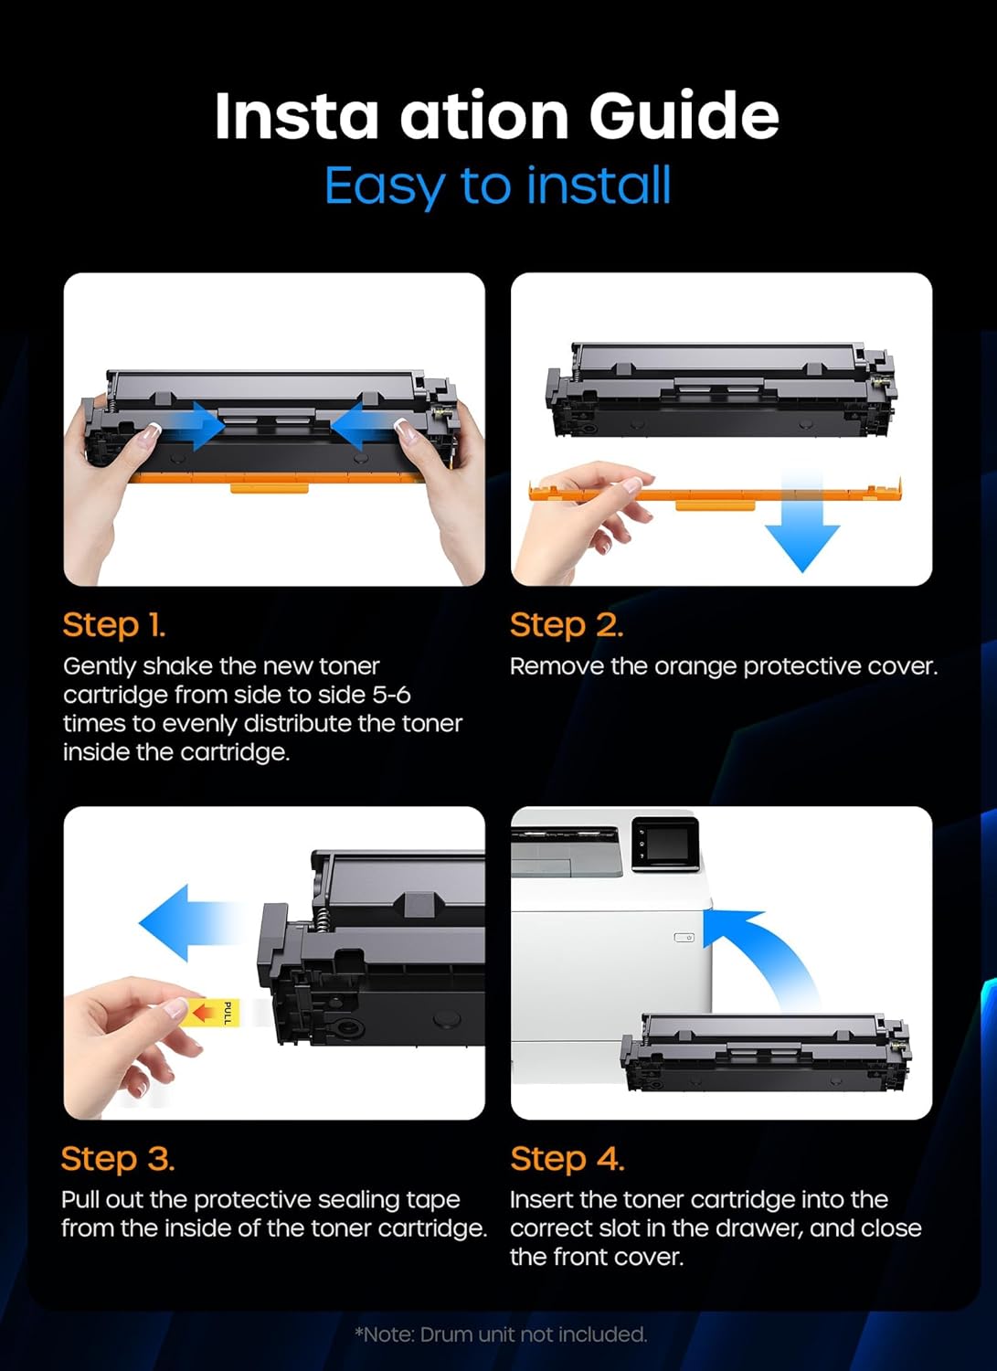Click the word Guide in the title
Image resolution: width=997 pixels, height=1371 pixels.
[684, 117]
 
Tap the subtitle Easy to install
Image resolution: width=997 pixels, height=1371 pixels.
[498, 186]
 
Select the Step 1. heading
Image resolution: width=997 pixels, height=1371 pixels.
[113, 625]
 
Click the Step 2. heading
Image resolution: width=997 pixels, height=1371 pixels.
[566, 625]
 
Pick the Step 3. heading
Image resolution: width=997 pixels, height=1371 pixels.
[117, 1159]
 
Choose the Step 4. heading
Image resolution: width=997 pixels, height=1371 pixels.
[567, 1159]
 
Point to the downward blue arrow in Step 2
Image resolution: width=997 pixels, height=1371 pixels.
[801, 530]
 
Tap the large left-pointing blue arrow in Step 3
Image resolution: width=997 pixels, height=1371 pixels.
[183, 922]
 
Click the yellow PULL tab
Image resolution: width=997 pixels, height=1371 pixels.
[216, 1013]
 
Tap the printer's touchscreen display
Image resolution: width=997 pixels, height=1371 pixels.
[664, 843]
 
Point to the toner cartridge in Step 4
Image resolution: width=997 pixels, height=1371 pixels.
[766, 1053]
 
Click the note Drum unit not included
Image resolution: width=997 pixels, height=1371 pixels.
[501, 1334]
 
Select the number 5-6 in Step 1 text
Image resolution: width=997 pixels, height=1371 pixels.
[391, 695]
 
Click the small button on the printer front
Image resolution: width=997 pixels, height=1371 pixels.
[684, 938]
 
